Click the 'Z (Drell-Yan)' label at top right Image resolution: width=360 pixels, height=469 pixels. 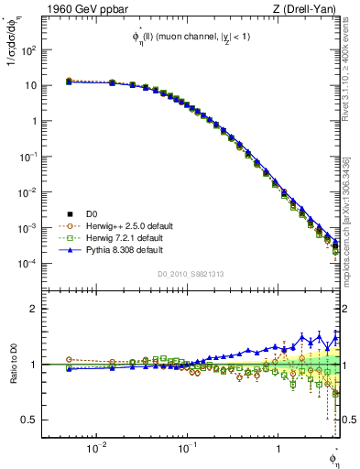[306, 10]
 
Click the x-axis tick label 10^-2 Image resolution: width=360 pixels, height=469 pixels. [95, 450]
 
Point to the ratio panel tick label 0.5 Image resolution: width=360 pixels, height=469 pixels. [27, 420]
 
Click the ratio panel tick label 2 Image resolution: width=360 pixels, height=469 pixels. [32, 309]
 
